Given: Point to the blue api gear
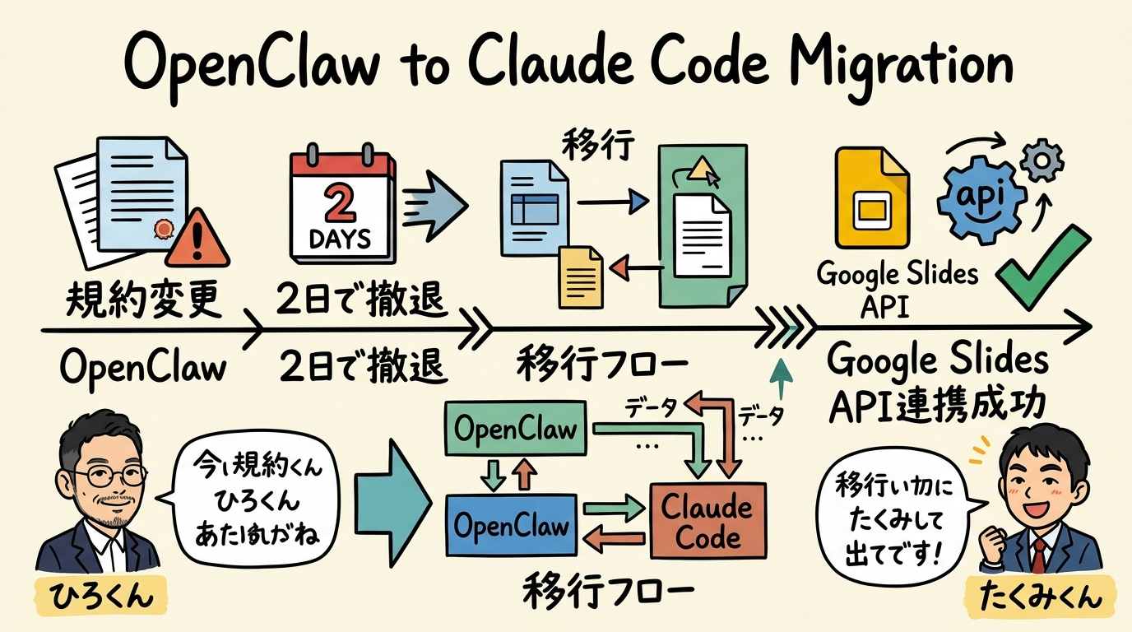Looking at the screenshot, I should (x=982, y=198).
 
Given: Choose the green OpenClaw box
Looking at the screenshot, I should (x=516, y=430).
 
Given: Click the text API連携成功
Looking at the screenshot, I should (x=937, y=404).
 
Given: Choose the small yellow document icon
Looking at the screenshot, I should (x=581, y=276).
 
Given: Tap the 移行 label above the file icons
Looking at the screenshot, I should (x=599, y=145).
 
